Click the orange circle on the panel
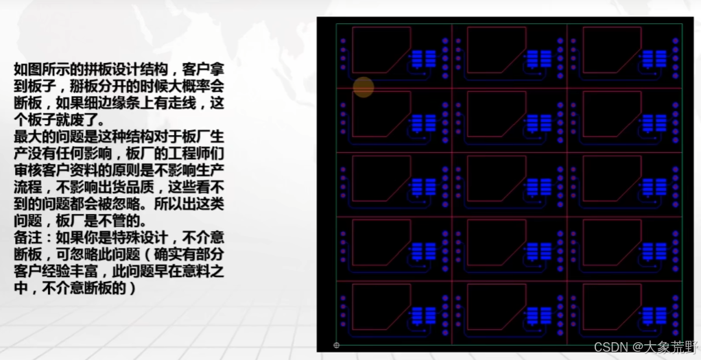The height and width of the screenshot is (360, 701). coord(363,87)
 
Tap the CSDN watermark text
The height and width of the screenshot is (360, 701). coord(645,347)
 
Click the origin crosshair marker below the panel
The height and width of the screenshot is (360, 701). coord(336,345)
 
